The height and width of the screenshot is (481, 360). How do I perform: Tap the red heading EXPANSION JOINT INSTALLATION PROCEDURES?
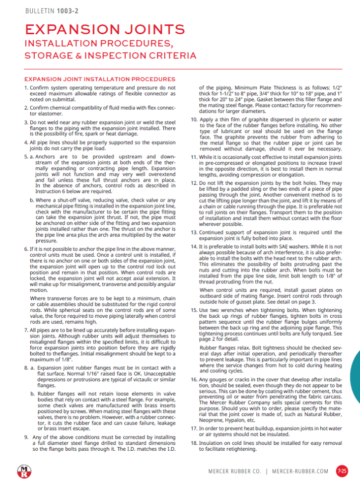99,79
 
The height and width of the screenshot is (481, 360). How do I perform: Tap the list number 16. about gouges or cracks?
194,379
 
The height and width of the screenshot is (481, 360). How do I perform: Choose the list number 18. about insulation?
194,442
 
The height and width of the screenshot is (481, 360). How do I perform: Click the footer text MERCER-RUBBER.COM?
301,471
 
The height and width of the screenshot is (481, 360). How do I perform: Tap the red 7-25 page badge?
342,471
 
